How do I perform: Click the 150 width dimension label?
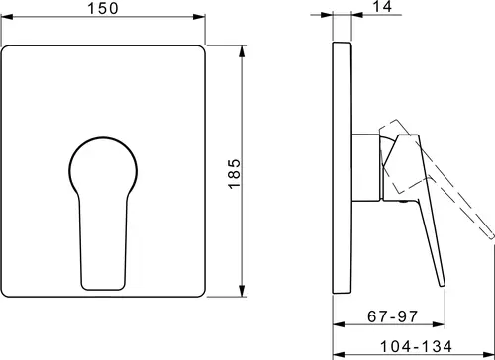103,8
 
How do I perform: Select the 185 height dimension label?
234,174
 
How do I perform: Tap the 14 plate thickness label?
382,6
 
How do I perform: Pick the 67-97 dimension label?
392,316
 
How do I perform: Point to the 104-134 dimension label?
416,346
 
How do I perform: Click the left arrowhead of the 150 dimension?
7,17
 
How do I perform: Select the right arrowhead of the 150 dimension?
199,17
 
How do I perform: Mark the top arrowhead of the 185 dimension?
243,51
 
